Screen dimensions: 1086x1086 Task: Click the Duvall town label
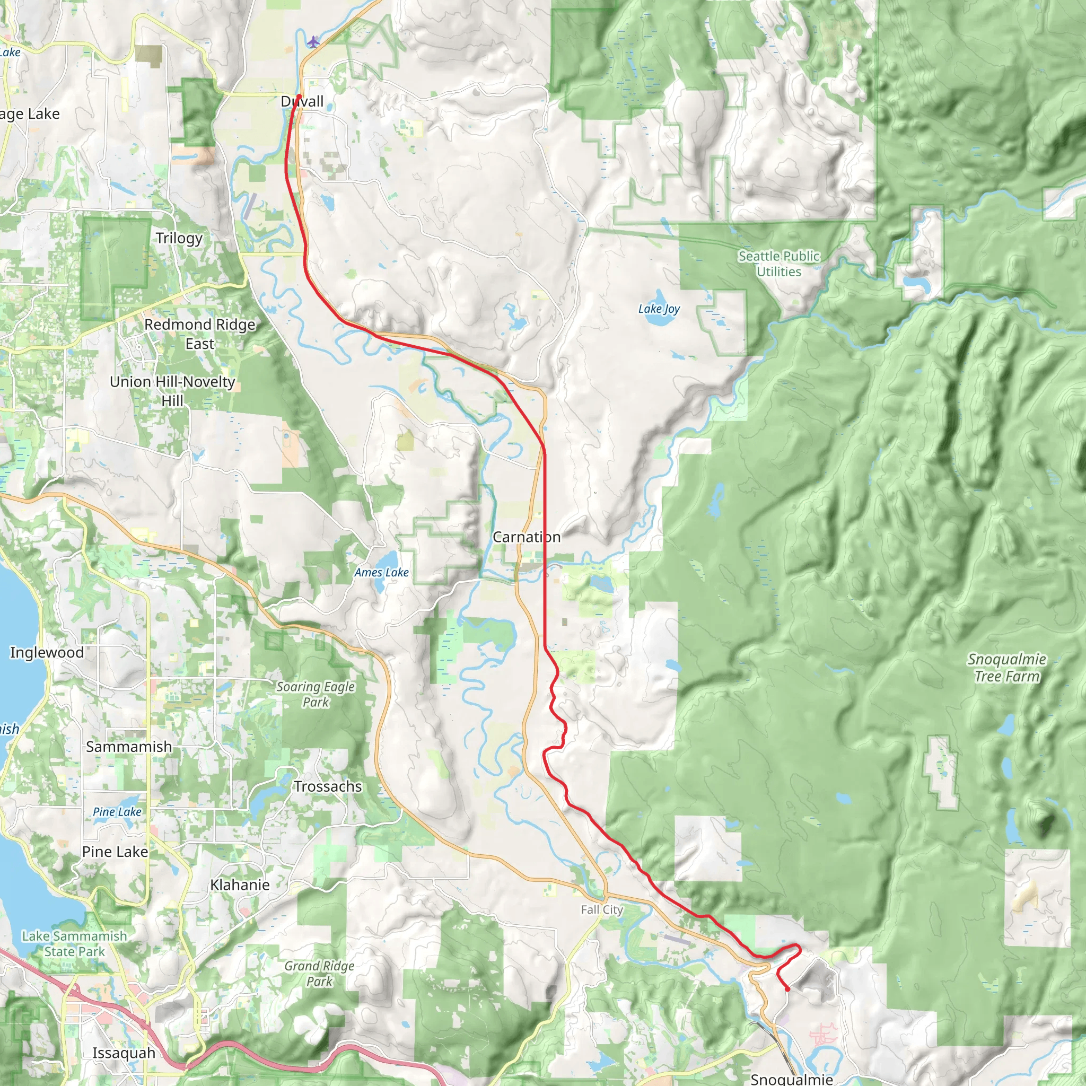[x=302, y=102]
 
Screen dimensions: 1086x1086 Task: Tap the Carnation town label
[x=526, y=537]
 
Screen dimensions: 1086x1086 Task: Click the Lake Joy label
[x=658, y=309]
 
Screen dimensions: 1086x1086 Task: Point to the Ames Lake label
[x=381, y=572]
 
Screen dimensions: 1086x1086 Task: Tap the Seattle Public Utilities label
[x=778, y=264]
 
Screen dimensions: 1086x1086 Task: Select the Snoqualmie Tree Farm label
[x=1006, y=667]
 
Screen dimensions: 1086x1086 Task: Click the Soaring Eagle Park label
[x=316, y=694]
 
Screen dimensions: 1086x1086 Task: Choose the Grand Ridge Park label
[x=319, y=974]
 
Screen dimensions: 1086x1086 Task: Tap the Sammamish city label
[x=129, y=747]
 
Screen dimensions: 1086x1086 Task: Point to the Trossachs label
[x=328, y=786]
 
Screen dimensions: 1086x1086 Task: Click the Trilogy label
[x=179, y=238]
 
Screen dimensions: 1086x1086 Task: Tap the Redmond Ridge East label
[x=199, y=334]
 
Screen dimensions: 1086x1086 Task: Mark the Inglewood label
[x=47, y=652]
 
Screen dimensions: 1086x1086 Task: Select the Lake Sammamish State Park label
[x=74, y=944]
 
